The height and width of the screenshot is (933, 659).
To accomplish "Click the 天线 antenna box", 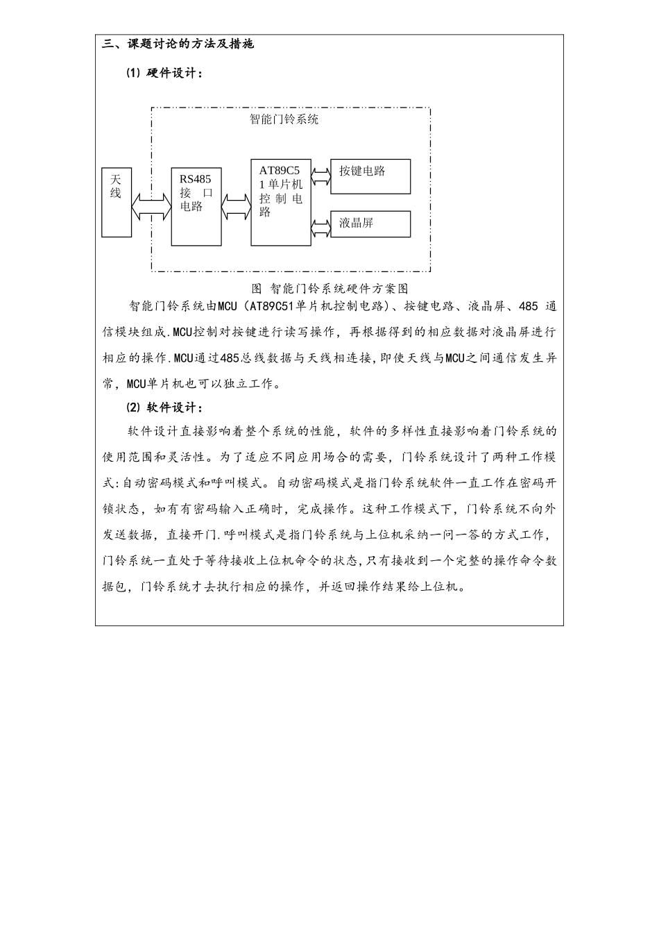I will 116,201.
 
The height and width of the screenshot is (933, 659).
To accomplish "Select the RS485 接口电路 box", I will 196,206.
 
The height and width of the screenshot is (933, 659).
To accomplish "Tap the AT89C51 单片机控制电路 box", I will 281,202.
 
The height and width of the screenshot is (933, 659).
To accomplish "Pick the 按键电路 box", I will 370,176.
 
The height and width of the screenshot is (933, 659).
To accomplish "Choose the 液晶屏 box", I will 370,224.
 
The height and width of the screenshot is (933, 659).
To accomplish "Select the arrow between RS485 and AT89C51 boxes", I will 236,205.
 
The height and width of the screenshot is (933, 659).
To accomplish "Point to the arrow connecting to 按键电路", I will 320,176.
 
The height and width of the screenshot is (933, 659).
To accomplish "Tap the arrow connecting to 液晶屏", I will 320,228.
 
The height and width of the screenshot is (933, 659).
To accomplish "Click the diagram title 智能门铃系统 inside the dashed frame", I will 284,119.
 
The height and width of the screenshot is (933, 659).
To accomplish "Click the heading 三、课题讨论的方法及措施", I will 178,44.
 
